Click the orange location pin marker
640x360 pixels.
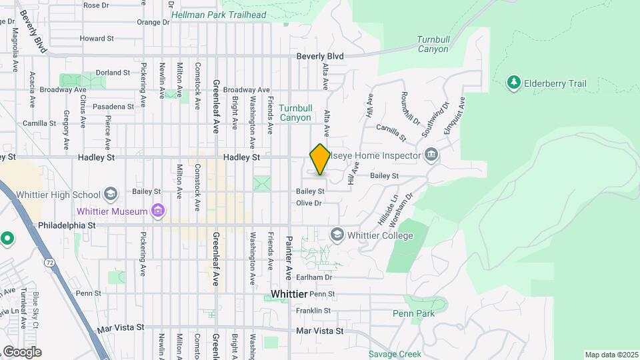[x=320, y=159]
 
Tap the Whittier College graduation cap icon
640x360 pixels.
[x=337, y=235]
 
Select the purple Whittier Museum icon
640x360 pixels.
[x=158, y=212]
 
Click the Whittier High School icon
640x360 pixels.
[x=110, y=195]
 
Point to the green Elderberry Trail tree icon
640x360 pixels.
[x=513, y=83]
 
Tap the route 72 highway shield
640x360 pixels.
[x=50, y=263]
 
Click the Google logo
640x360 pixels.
[x=22, y=352]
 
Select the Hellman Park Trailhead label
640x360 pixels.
[x=218, y=15]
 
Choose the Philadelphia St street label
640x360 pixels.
[x=67, y=225]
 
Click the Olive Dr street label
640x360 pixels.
[x=309, y=203]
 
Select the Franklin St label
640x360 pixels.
[x=313, y=311]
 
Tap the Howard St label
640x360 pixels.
[x=97, y=39]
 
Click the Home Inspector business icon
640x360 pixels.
[x=431, y=155]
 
